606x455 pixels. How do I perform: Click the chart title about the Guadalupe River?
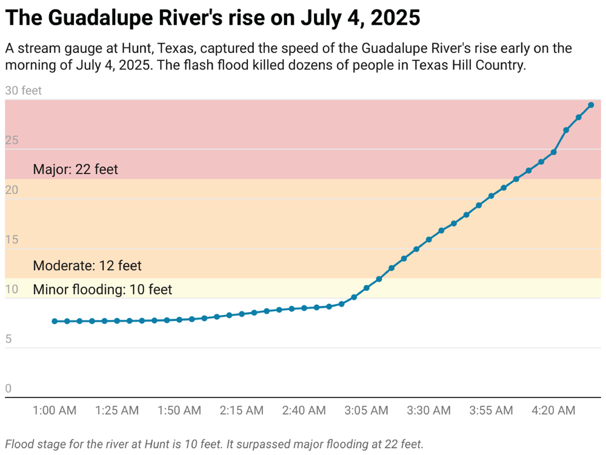pyautogui.click(x=212, y=18)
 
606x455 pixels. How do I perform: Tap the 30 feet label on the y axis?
pyautogui.click(x=24, y=91)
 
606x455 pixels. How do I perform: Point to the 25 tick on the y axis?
pyautogui.click(x=12, y=141)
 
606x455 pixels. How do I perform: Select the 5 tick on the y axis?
pyautogui.click(x=8, y=339)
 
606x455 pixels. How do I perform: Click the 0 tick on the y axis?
pyautogui.click(x=8, y=389)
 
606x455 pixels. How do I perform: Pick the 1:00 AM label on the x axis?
pyautogui.click(x=55, y=411)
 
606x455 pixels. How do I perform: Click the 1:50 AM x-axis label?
pyautogui.click(x=179, y=411)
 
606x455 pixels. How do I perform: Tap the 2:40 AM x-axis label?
pyautogui.click(x=304, y=411)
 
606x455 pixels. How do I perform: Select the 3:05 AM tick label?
pyautogui.click(x=367, y=411)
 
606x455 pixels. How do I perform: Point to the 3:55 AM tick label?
pyautogui.click(x=491, y=411)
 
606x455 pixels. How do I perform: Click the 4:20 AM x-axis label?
pyautogui.click(x=554, y=411)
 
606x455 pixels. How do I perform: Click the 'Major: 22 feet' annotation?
pyautogui.click(x=75, y=169)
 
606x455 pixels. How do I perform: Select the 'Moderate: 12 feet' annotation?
pyautogui.click(x=87, y=266)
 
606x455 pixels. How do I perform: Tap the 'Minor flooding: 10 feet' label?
pyautogui.click(x=102, y=290)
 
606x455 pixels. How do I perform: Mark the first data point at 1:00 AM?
pyautogui.click(x=55, y=321)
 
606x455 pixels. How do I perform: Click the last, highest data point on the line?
pyautogui.click(x=591, y=105)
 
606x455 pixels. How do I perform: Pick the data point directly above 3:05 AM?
pyautogui.click(x=367, y=288)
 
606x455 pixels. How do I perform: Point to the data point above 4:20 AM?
pyautogui.click(x=554, y=152)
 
